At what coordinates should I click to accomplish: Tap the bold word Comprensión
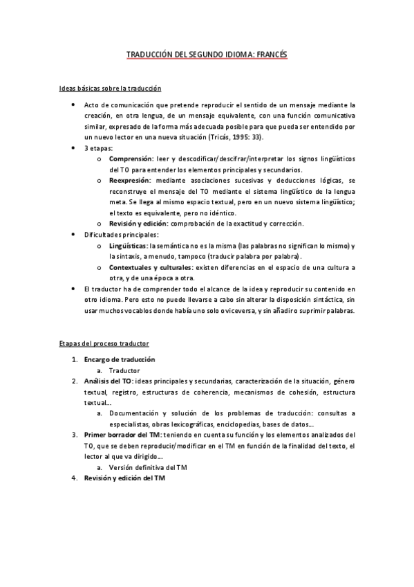[x=131, y=159]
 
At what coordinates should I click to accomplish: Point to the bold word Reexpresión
[x=130, y=180]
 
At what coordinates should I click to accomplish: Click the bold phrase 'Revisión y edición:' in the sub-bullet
[x=142, y=224]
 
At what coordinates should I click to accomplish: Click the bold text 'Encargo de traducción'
[x=119, y=359]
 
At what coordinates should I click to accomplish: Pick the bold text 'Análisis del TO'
[x=109, y=381]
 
